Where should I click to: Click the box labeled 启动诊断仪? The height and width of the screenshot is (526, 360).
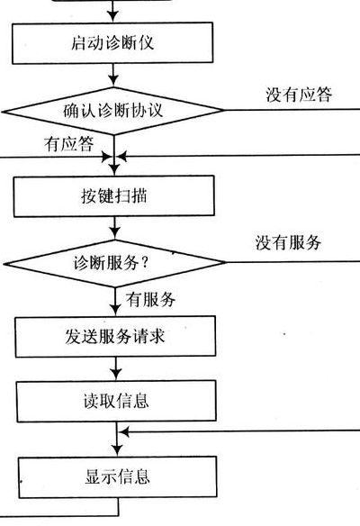click(112, 43)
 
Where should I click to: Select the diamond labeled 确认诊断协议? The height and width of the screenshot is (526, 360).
click(113, 111)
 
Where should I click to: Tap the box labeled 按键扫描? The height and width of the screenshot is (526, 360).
click(114, 196)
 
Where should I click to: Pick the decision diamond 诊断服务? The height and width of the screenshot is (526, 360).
click(115, 263)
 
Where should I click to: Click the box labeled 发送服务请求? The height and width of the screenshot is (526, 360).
click(115, 337)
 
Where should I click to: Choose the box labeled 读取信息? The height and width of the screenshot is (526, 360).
click(116, 401)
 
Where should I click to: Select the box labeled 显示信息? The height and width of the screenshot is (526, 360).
click(117, 476)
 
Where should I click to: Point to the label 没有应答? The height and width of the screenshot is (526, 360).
click(299, 95)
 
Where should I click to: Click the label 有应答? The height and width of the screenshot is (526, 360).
click(69, 144)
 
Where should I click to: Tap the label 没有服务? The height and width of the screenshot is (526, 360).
click(288, 242)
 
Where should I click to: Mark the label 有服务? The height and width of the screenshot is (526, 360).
click(151, 299)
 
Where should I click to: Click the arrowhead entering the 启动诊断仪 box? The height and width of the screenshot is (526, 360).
click(112, 16)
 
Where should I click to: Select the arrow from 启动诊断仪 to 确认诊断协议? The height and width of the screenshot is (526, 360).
click(113, 75)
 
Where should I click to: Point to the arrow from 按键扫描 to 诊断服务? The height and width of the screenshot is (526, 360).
click(114, 228)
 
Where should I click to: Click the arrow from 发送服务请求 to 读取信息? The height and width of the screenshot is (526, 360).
click(116, 368)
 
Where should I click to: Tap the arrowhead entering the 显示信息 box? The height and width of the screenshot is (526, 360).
click(117, 450)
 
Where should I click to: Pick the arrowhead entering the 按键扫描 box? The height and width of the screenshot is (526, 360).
click(114, 169)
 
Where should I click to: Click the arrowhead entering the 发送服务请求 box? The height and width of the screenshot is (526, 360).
click(115, 310)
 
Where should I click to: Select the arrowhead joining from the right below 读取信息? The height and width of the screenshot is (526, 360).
click(124, 432)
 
